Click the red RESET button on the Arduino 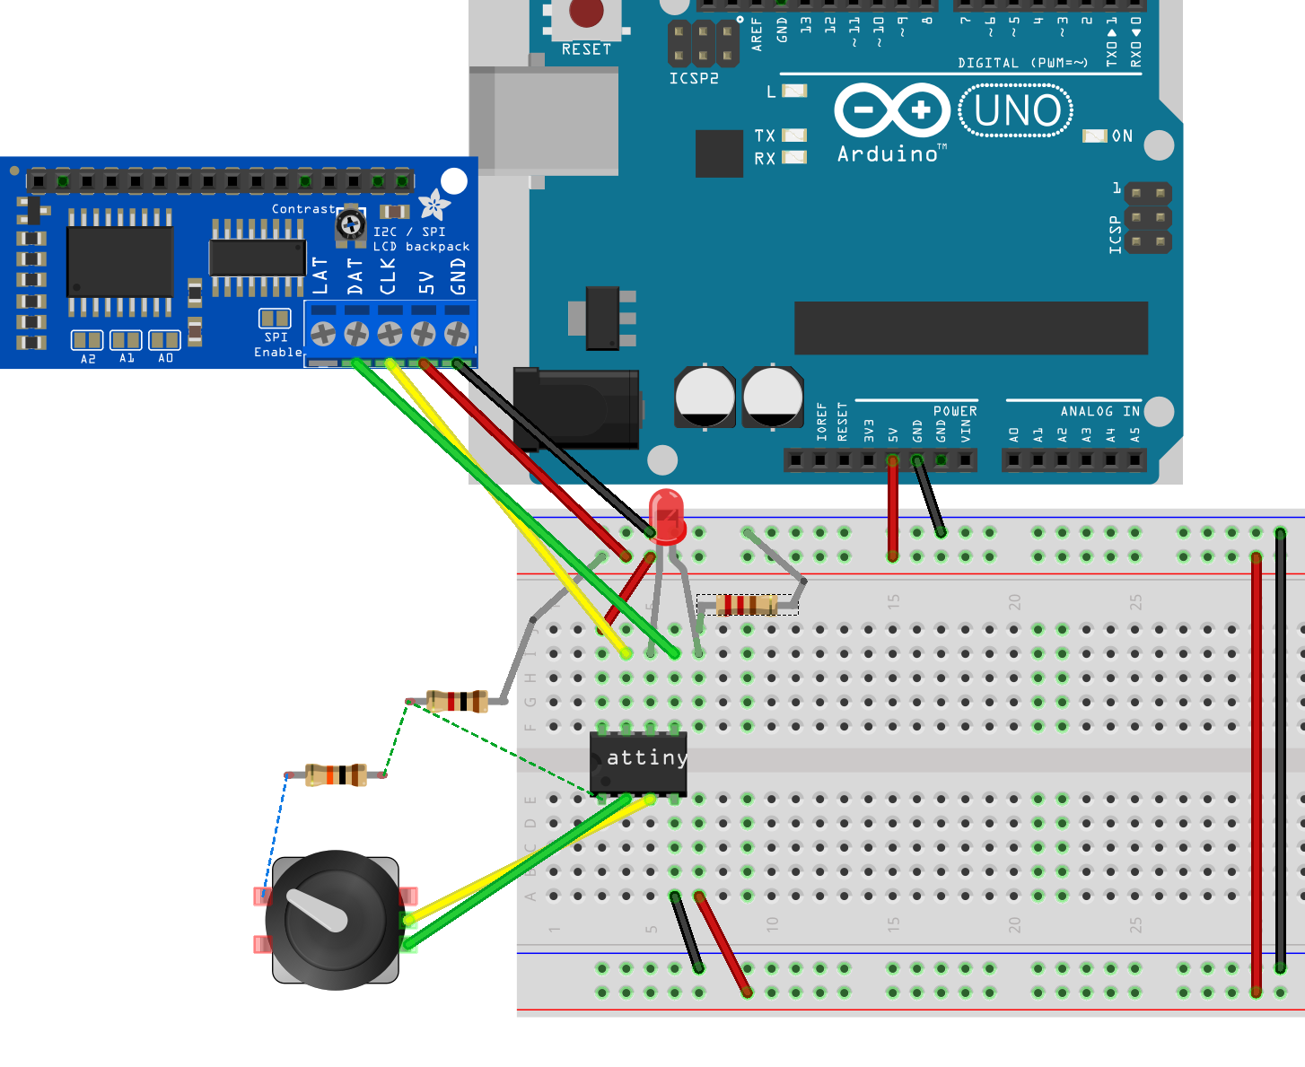coord(586,13)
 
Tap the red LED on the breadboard coord(667,516)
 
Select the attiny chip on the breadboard coord(638,762)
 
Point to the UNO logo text coord(1017,111)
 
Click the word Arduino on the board coord(888,154)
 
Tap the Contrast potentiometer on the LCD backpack coord(350,223)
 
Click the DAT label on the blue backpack coord(355,276)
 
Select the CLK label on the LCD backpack coord(388,276)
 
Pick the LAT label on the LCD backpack coord(321,276)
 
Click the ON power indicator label coord(1122,136)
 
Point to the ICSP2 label coord(694,79)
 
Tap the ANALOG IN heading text coord(1099,411)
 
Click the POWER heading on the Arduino coord(955,411)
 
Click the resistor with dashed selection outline coord(747,605)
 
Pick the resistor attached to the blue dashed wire coord(336,774)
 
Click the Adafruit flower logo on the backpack coord(434,205)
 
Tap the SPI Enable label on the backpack coord(277,345)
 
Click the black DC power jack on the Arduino coord(576,408)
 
